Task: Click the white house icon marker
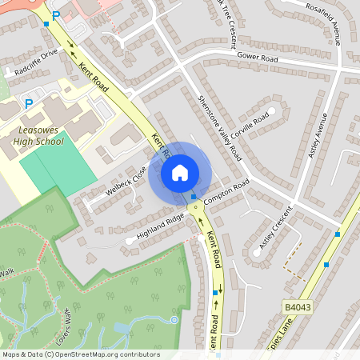[x=180, y=172]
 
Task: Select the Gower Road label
[x=258, y=58]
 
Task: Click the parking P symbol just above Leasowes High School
[x=29, y=103]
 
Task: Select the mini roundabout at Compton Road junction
[x=194, y=206]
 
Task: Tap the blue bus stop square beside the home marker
[x=194, y=196]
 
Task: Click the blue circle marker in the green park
[x=174, y=320]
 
